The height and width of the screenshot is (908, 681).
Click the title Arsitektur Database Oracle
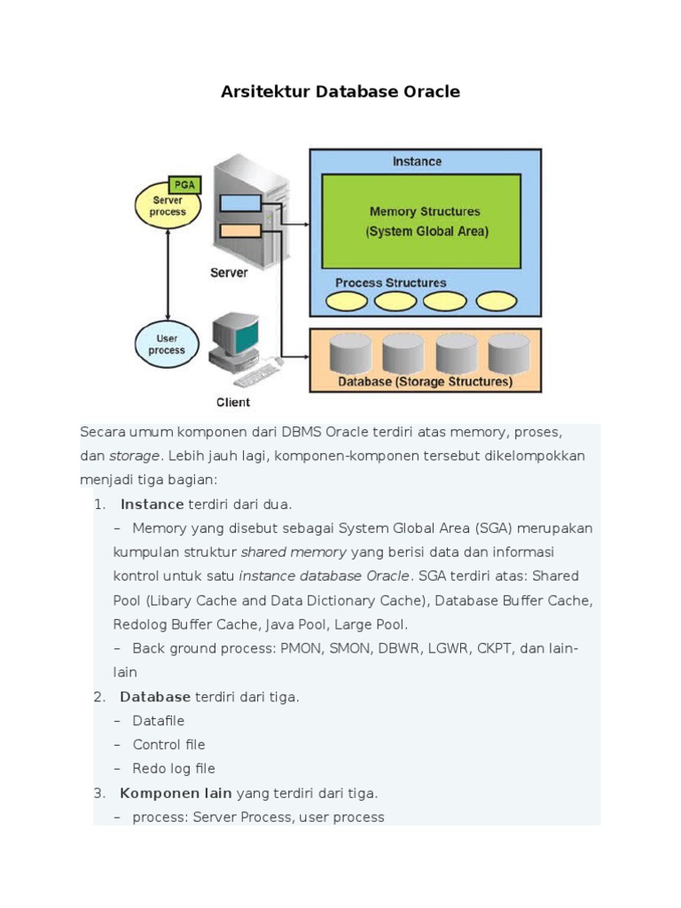pyautogui.click(x=340, y=92)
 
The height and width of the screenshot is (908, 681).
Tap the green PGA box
pyautogui.click(x=184, y=185)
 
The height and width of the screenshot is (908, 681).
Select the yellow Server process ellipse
pyautogui.click(x=167, y=207)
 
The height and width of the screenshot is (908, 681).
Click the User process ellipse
pyautogui.click(x=167, y=344)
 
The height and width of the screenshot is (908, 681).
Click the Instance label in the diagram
pyautogui.click(x=417, y=161)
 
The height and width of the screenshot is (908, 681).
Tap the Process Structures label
pyautogui.click(x=391, y=283)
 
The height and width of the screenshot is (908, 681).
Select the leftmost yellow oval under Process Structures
pyautogui.click(x=347, y=301)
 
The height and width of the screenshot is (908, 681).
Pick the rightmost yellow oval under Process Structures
pyautogui.click(x=497, y=301)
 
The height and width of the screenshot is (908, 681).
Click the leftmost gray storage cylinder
pyautogui.click(x=350, y=354)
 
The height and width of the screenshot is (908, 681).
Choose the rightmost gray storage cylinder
pyautogui.click(x=509, y=354)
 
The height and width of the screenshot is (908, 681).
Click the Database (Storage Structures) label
pyautogui.click(x=426, y=382)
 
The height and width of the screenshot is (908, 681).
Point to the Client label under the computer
pyautogui.click(x=233, y=403)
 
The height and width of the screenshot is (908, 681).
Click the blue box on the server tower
pyautogui.click(x=240, y=203)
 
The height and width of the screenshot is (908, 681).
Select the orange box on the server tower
pyautogui.click(x=240, y=231)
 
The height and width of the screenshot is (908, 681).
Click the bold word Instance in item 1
pyautogui.click(x=152, y=505)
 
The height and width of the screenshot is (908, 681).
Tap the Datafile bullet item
pyautogui.click(x=158, y=721)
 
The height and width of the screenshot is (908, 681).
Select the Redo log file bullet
pyautogui.click(x=173, y=769)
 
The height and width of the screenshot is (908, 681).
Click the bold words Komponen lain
pyautogui.click(x=176, y=793)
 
